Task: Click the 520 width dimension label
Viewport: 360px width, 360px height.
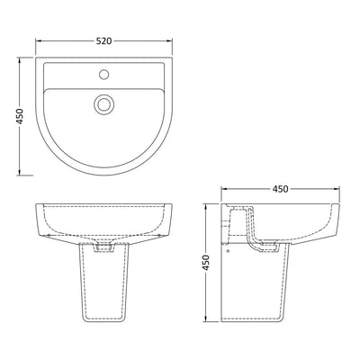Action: pyautogui.click(x=103, y=40)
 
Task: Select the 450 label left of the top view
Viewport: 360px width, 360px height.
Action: pyautogui.click(x=20, y=116)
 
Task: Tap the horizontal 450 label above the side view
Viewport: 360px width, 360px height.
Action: pyautogui.click(x=280, y=189)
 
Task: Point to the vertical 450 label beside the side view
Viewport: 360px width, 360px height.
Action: pyautogui.click(x=205, y=263)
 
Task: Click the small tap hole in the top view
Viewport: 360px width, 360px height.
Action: pyautogui.click(x=103, y=75)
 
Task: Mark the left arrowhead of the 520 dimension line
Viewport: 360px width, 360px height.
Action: pyautogui.click(x=38, y=41)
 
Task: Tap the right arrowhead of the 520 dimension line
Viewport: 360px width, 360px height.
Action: pyautogui.click(x=170, y=41)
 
